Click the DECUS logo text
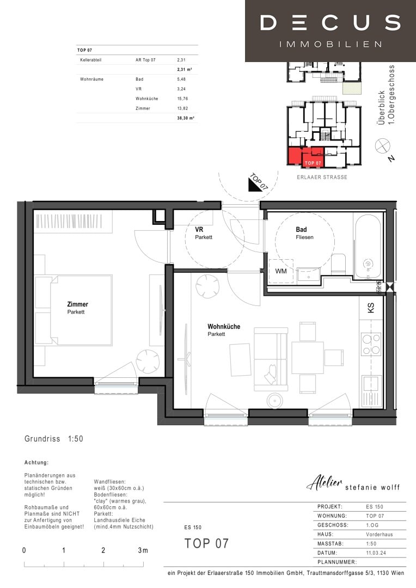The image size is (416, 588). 330,23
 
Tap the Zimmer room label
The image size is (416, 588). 77,304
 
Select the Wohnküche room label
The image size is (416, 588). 223,327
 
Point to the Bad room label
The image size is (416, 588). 301,230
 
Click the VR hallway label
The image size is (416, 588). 199,230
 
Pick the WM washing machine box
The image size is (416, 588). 281,271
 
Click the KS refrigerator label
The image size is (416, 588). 371,308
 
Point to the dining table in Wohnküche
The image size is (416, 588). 307,357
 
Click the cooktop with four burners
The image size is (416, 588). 371,344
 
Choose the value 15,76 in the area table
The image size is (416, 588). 182,99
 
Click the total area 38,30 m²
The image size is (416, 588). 185,118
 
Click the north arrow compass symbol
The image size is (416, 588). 383,145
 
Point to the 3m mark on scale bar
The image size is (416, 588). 143,550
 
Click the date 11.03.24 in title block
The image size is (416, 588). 375,553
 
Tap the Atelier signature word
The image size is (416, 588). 325,482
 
